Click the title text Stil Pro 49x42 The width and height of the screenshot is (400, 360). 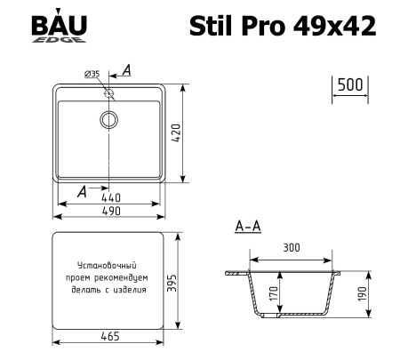coord(282,27)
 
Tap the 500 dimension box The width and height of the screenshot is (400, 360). coord(349,85)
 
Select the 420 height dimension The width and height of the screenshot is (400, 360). coord(188,134)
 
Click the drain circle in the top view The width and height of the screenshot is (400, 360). coord(109,118)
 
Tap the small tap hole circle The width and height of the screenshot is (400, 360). coord(109,92)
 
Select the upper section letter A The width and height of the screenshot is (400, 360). coord(127,70)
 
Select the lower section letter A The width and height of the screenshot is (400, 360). coord(83,190)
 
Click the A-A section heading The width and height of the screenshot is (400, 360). coord(247,228)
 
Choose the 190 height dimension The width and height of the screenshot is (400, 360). coord(362,294)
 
